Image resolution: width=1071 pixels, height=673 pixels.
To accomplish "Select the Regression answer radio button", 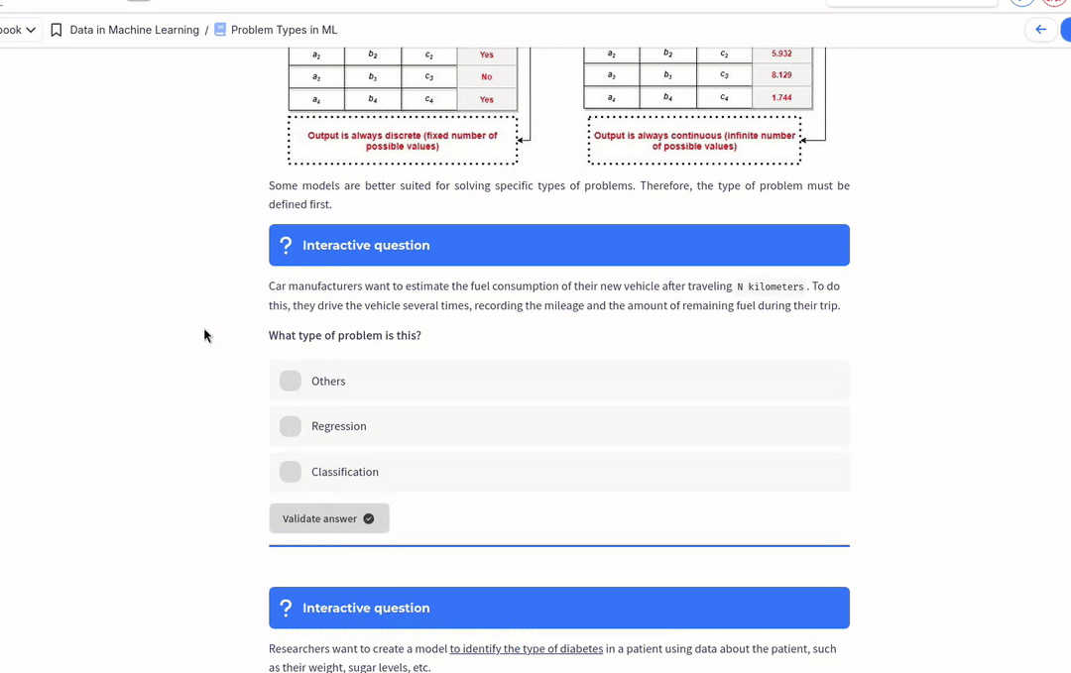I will click(x=291, y=426).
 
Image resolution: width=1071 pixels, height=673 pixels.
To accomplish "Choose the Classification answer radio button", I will click(x=291, y=472).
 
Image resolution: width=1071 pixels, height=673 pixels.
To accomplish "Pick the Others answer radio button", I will click(x=291, y=381).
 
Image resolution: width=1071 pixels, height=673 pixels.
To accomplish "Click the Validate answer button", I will click(x=328, y=518).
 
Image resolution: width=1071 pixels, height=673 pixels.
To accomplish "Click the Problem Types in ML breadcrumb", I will click(x=284, y=30).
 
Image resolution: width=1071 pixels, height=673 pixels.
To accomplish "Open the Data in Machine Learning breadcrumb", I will click(x=134, y=30).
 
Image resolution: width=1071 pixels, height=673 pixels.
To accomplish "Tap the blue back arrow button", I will click(x=1040, y=30).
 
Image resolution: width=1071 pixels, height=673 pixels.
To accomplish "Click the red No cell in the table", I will click(x=486, y=76).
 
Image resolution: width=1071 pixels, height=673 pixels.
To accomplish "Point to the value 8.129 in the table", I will click(x=781, y=75).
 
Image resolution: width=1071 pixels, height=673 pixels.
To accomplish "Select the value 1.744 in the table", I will click(x=781, y=98).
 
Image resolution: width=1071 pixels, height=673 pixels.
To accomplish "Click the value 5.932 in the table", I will click(x=781, y=54).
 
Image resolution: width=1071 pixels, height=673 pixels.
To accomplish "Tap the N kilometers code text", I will click(x=771, y=286).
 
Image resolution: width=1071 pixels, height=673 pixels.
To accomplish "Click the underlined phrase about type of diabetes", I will click(x=526, y=649).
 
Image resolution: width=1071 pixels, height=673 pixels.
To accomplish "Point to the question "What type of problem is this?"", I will click(x=345, y=335).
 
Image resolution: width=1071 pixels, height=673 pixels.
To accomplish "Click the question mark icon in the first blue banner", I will click(x=286, y=245).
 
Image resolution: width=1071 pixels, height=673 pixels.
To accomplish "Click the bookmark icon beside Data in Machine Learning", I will click(x=57, y=30).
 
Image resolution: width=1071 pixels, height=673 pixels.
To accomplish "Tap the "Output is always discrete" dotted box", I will click(x=403, y=141).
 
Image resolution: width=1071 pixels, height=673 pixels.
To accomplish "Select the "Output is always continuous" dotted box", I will click(x=694, y=141).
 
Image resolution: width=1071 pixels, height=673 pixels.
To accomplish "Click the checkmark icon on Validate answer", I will click(x=369, y=518).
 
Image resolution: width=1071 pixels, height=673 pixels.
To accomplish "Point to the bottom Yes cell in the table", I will click(x=486, y=99).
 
